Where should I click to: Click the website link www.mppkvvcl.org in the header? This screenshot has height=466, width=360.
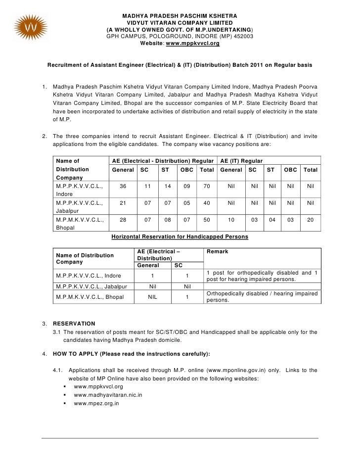tap(192, 44)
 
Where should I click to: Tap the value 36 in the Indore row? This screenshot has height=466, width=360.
tap(123, 186)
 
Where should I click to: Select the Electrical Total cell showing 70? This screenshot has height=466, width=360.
tap(207, 186)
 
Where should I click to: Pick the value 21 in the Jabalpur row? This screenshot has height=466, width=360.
tap(123, 203)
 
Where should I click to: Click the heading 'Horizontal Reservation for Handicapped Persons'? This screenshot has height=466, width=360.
tap(180, 237)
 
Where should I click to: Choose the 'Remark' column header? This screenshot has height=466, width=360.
tap(218, 251)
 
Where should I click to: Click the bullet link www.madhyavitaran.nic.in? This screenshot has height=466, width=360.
tap(108, 395)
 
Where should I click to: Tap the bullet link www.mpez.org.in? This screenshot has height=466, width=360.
tap(96, 404)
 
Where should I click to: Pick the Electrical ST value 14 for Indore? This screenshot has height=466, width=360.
tap(165, 186)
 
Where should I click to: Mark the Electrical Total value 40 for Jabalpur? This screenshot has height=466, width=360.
tap(207, 203)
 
